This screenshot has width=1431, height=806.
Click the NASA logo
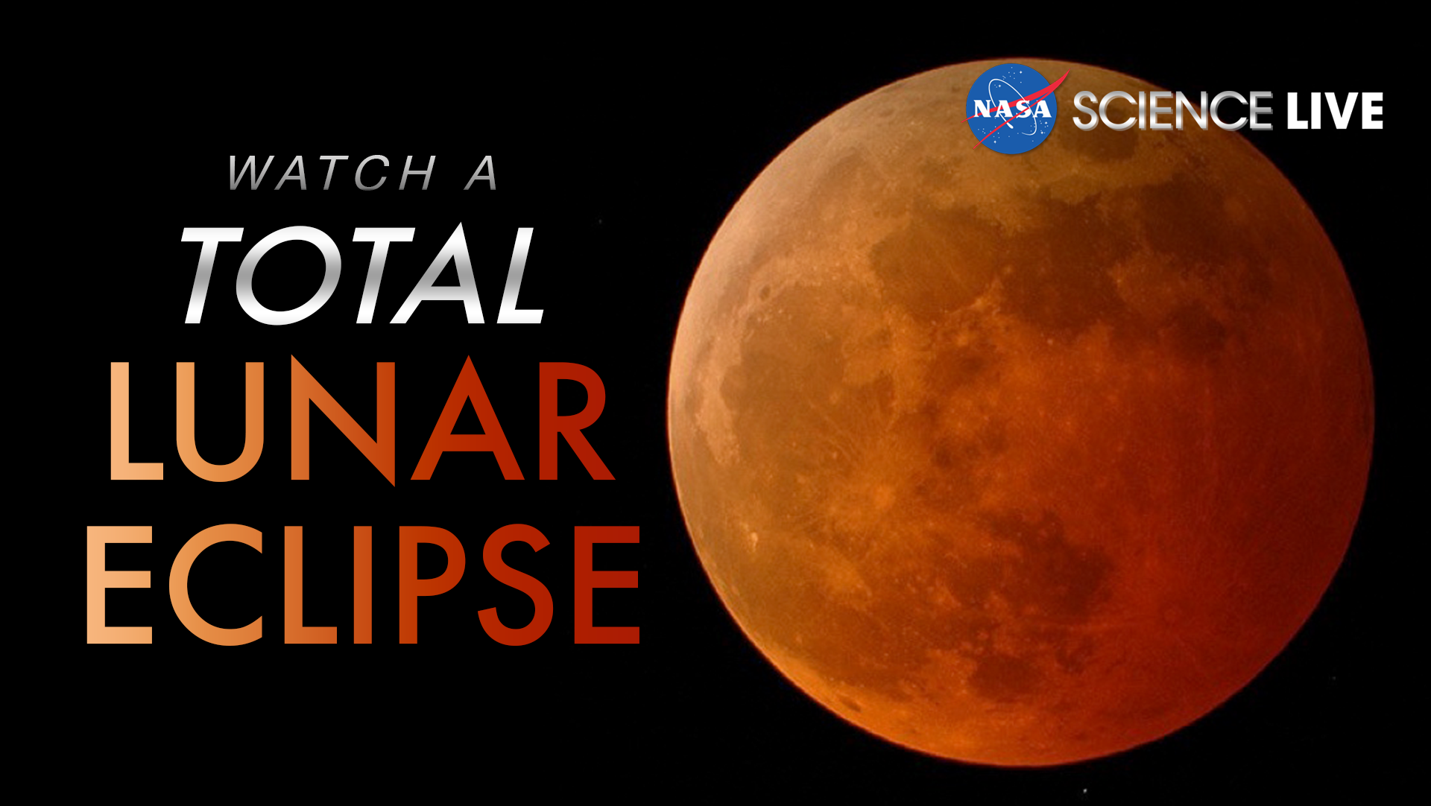click(x=1011, y=110)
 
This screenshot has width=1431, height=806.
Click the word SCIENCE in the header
click(x=1172, y=111)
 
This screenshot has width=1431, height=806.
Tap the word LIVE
click(x=1334, y=111)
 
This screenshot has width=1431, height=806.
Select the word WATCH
click(x=332, y=173)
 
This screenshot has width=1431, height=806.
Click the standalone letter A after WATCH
click(x=482, y=173)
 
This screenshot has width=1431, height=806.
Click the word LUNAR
click(x=361, y=421)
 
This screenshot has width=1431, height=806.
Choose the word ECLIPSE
click(x=363, y=585)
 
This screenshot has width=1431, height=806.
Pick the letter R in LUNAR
click(x=570, y=421)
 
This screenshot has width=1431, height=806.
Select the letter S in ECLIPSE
click(x=514, y=585)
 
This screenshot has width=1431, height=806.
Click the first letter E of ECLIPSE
click(x=119, y=585)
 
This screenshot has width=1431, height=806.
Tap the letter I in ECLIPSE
click(x=363, y=585)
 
